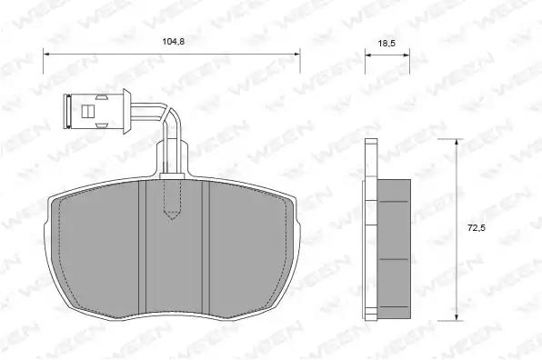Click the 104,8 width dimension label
[x=174, y=42]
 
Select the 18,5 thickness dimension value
[x=386, y=44]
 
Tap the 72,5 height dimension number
[x=477, y=228]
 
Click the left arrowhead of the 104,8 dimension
[x=46, y=54]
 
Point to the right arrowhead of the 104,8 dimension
[x=296, y=54]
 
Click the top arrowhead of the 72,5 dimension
[x=457, y=143]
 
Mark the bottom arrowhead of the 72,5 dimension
[x=457, y=316]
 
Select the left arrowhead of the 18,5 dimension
[x=368, y=55]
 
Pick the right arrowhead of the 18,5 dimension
[x=406, y=55]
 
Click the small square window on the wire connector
[x=88, y=111]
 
